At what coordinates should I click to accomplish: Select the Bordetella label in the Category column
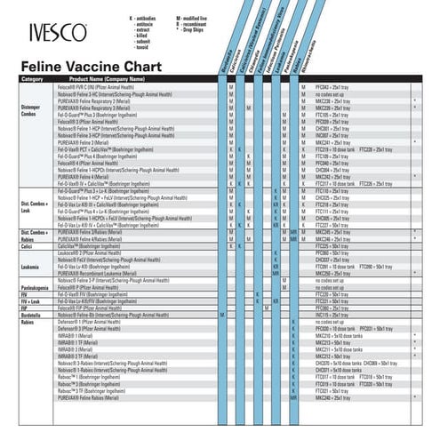[x=33, y=314]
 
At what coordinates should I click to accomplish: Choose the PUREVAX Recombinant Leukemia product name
[x=102, y=275]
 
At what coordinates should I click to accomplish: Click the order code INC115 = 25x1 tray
[x=332, y=314]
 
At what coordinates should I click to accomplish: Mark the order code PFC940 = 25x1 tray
[x=332, y=85]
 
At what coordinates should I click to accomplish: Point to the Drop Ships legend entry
[x=196, y=29]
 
